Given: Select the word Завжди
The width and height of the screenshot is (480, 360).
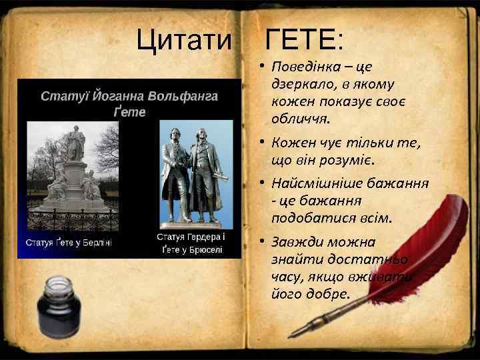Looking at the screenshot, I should pos(296,242).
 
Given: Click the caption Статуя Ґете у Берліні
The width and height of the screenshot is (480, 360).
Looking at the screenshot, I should pos(68,243).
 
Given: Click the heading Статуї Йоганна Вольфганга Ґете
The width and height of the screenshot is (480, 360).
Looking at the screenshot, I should pos(129,103).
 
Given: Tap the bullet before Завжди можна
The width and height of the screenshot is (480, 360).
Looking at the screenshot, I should pos(264,242).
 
